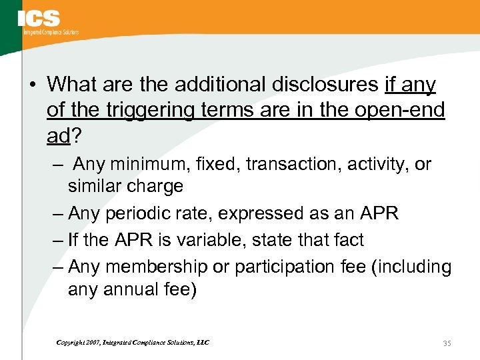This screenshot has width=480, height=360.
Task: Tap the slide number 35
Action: [x=447, y=343]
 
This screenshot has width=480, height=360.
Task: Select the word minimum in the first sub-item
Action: [x=141, y=164]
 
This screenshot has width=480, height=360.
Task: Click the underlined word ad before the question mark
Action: [x=58, y=135]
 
